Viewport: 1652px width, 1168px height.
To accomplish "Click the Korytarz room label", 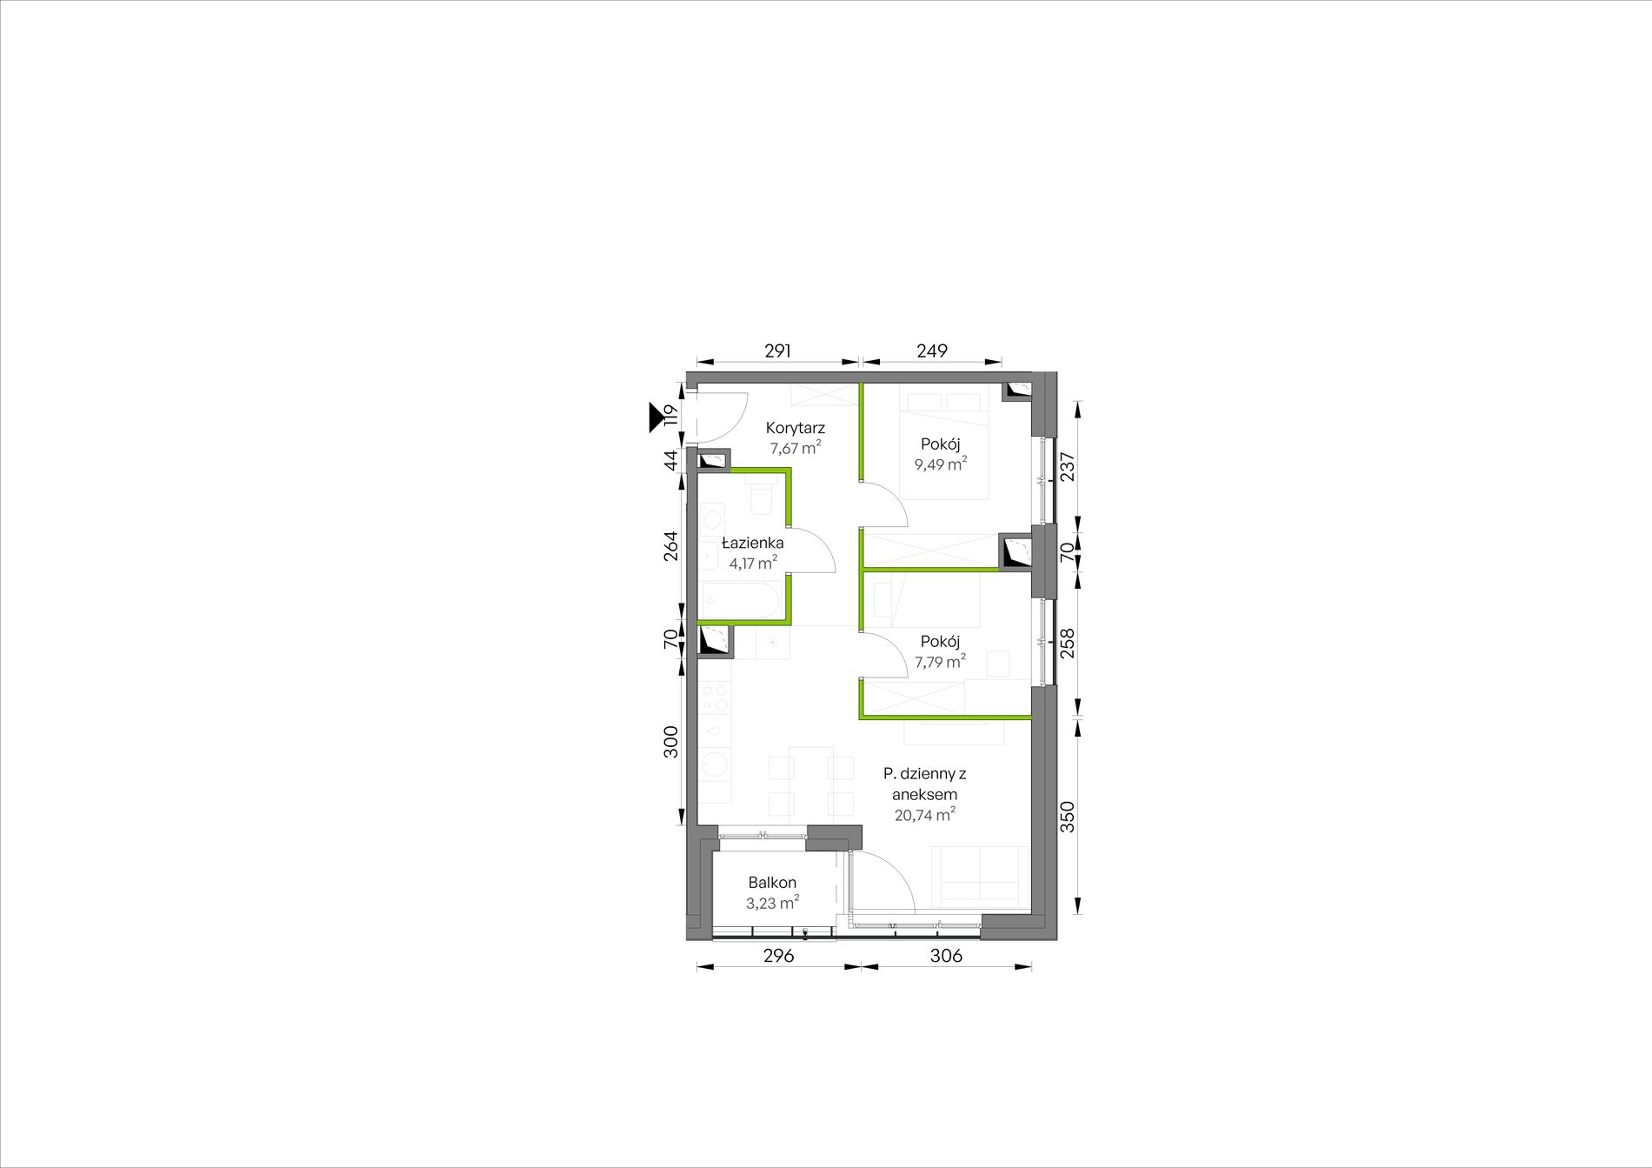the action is tap(795, 428).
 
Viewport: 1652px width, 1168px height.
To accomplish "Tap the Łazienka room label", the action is tap(753, 543).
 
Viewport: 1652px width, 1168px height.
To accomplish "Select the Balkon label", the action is tap(772, 883).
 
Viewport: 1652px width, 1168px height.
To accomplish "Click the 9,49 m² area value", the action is tap(940, 464).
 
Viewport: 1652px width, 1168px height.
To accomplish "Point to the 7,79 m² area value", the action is tap(940, 662).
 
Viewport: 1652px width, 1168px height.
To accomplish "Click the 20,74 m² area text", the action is tap(925, 815).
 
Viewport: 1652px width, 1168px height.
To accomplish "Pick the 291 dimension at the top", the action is tap(777, 350).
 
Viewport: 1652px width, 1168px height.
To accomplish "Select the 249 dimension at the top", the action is tap(931, 350).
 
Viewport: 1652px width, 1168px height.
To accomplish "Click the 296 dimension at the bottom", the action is tap(778, 955).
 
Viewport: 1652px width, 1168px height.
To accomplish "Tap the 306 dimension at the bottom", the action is tap(946, 955).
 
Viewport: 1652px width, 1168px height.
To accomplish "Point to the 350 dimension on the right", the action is tap(1068, 817).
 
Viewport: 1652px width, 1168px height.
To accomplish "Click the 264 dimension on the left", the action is tap(670, 545).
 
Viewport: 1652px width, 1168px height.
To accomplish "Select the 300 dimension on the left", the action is tap(670, 742).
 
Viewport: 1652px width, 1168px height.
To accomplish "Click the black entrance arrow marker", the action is tap(656, 417).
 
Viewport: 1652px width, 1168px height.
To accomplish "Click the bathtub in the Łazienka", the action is tap(741, 600).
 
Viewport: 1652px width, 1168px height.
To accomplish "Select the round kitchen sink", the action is tap(716, 764).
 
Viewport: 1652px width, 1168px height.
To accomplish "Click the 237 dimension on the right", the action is tap(1068, 466).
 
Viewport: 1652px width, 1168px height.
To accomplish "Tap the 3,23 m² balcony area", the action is tap(772, 903).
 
